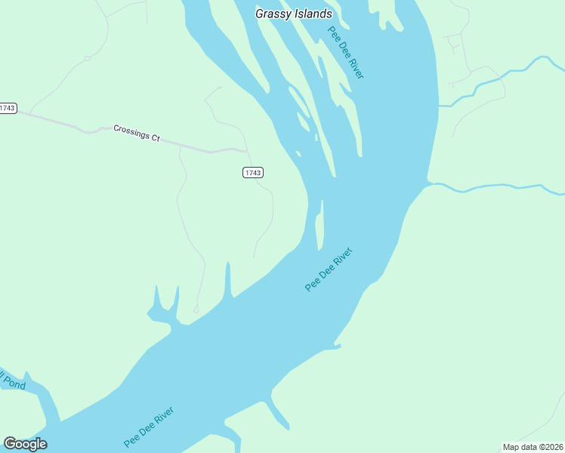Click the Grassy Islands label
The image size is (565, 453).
293,14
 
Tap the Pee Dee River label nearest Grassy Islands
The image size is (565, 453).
346,52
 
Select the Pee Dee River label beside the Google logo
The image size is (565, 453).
149,427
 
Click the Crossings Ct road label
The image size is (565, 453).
137,133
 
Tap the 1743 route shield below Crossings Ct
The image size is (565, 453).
253,173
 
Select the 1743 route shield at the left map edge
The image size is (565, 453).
8,108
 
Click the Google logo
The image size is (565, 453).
25,443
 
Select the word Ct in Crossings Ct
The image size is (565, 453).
156,137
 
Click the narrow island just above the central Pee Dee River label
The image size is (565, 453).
320,226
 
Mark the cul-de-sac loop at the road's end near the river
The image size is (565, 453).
196,309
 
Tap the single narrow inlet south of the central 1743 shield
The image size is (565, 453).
227,279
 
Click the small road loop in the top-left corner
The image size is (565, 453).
88,58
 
